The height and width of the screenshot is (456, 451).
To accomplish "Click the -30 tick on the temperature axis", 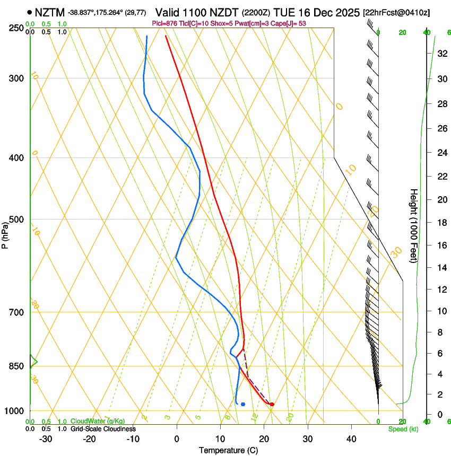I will [x=46, y=439].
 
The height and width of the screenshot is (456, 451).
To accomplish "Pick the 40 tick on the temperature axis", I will [x=351, y=439].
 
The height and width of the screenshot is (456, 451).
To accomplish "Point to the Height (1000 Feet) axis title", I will [x=414, y=225].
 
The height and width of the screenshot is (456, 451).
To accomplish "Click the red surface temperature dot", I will [x=272, y=404].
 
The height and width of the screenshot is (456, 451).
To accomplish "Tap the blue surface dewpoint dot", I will [x=243, y=404].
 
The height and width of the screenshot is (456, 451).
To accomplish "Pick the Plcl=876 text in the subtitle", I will [x=165, y=23].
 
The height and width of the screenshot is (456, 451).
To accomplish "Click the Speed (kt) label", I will [x=403, y=429].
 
